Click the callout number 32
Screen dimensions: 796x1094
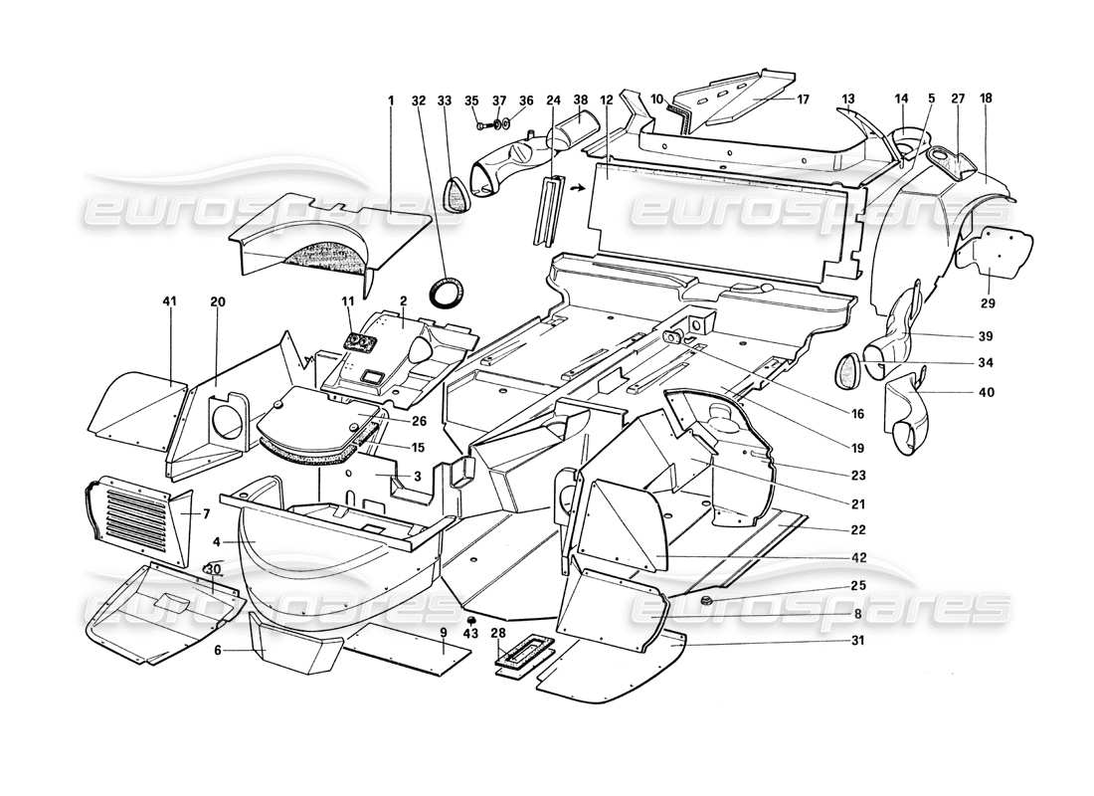418,99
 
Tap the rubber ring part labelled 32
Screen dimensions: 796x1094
447,294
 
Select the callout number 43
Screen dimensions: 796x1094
471,634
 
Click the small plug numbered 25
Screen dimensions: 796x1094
704,601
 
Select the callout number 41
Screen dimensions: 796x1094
170,298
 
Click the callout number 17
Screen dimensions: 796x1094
803,99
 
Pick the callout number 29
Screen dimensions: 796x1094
990,302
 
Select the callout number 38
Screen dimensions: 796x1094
580,99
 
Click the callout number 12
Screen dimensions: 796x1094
606,99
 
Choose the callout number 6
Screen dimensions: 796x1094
218,650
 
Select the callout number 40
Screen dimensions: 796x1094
986,391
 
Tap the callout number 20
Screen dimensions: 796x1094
218,298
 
